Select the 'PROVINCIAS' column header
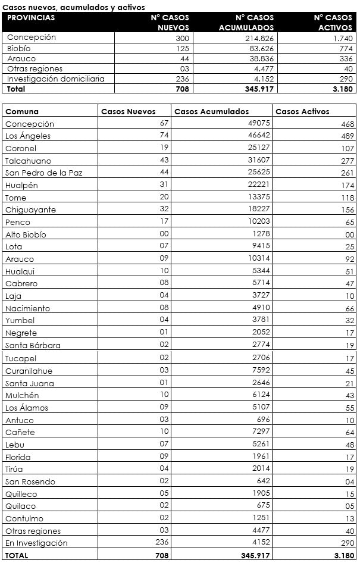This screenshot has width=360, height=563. (x=31, y=17)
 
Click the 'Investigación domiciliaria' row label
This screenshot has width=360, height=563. (x=56, y=79)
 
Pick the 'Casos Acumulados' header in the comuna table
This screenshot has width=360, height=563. (x=211, y=111)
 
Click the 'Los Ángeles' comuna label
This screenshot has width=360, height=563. (x=27, y=136)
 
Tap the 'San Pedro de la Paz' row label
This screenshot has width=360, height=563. (x=43, y=173)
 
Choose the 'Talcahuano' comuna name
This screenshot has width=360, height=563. (x=28, y=161)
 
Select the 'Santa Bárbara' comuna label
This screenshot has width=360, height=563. (x=33, y=345)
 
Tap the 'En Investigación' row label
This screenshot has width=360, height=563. (x=36, y=543)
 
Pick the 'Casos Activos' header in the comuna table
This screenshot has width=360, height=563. (x=302, y=111)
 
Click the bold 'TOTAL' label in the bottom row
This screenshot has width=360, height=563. (x=16, y=555)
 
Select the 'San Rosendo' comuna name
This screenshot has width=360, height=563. (x=30, y=481)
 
